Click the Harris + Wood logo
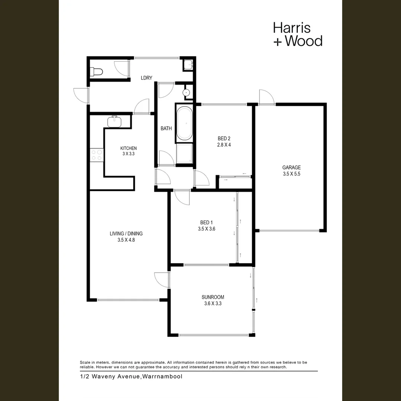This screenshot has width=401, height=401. tap(297, 34)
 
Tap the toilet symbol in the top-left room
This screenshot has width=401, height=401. tap(96, 71)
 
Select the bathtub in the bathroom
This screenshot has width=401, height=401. tap(184, 124)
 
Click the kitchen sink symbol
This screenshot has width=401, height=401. tap(115, 121)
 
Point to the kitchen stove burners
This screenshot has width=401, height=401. tap(97, 155)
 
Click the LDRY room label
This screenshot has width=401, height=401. tap(146, 78)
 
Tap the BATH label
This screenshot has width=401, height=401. tap(166, 128)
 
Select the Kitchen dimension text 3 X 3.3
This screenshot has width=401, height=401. tap(128, 153)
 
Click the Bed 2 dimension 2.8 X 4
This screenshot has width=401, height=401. tap(224, 145)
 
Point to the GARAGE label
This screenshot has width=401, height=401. tap(291, 167)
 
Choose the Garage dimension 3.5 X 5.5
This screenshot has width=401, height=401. tap(291, 174)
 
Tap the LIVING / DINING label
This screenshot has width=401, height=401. tap(126, 234)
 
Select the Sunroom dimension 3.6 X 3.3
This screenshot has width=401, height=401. tap(213, 303)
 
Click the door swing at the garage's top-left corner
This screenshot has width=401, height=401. tap(267, 97)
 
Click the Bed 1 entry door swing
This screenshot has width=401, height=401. tap(182, 198)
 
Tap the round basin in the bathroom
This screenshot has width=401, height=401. tap(187, 92)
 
